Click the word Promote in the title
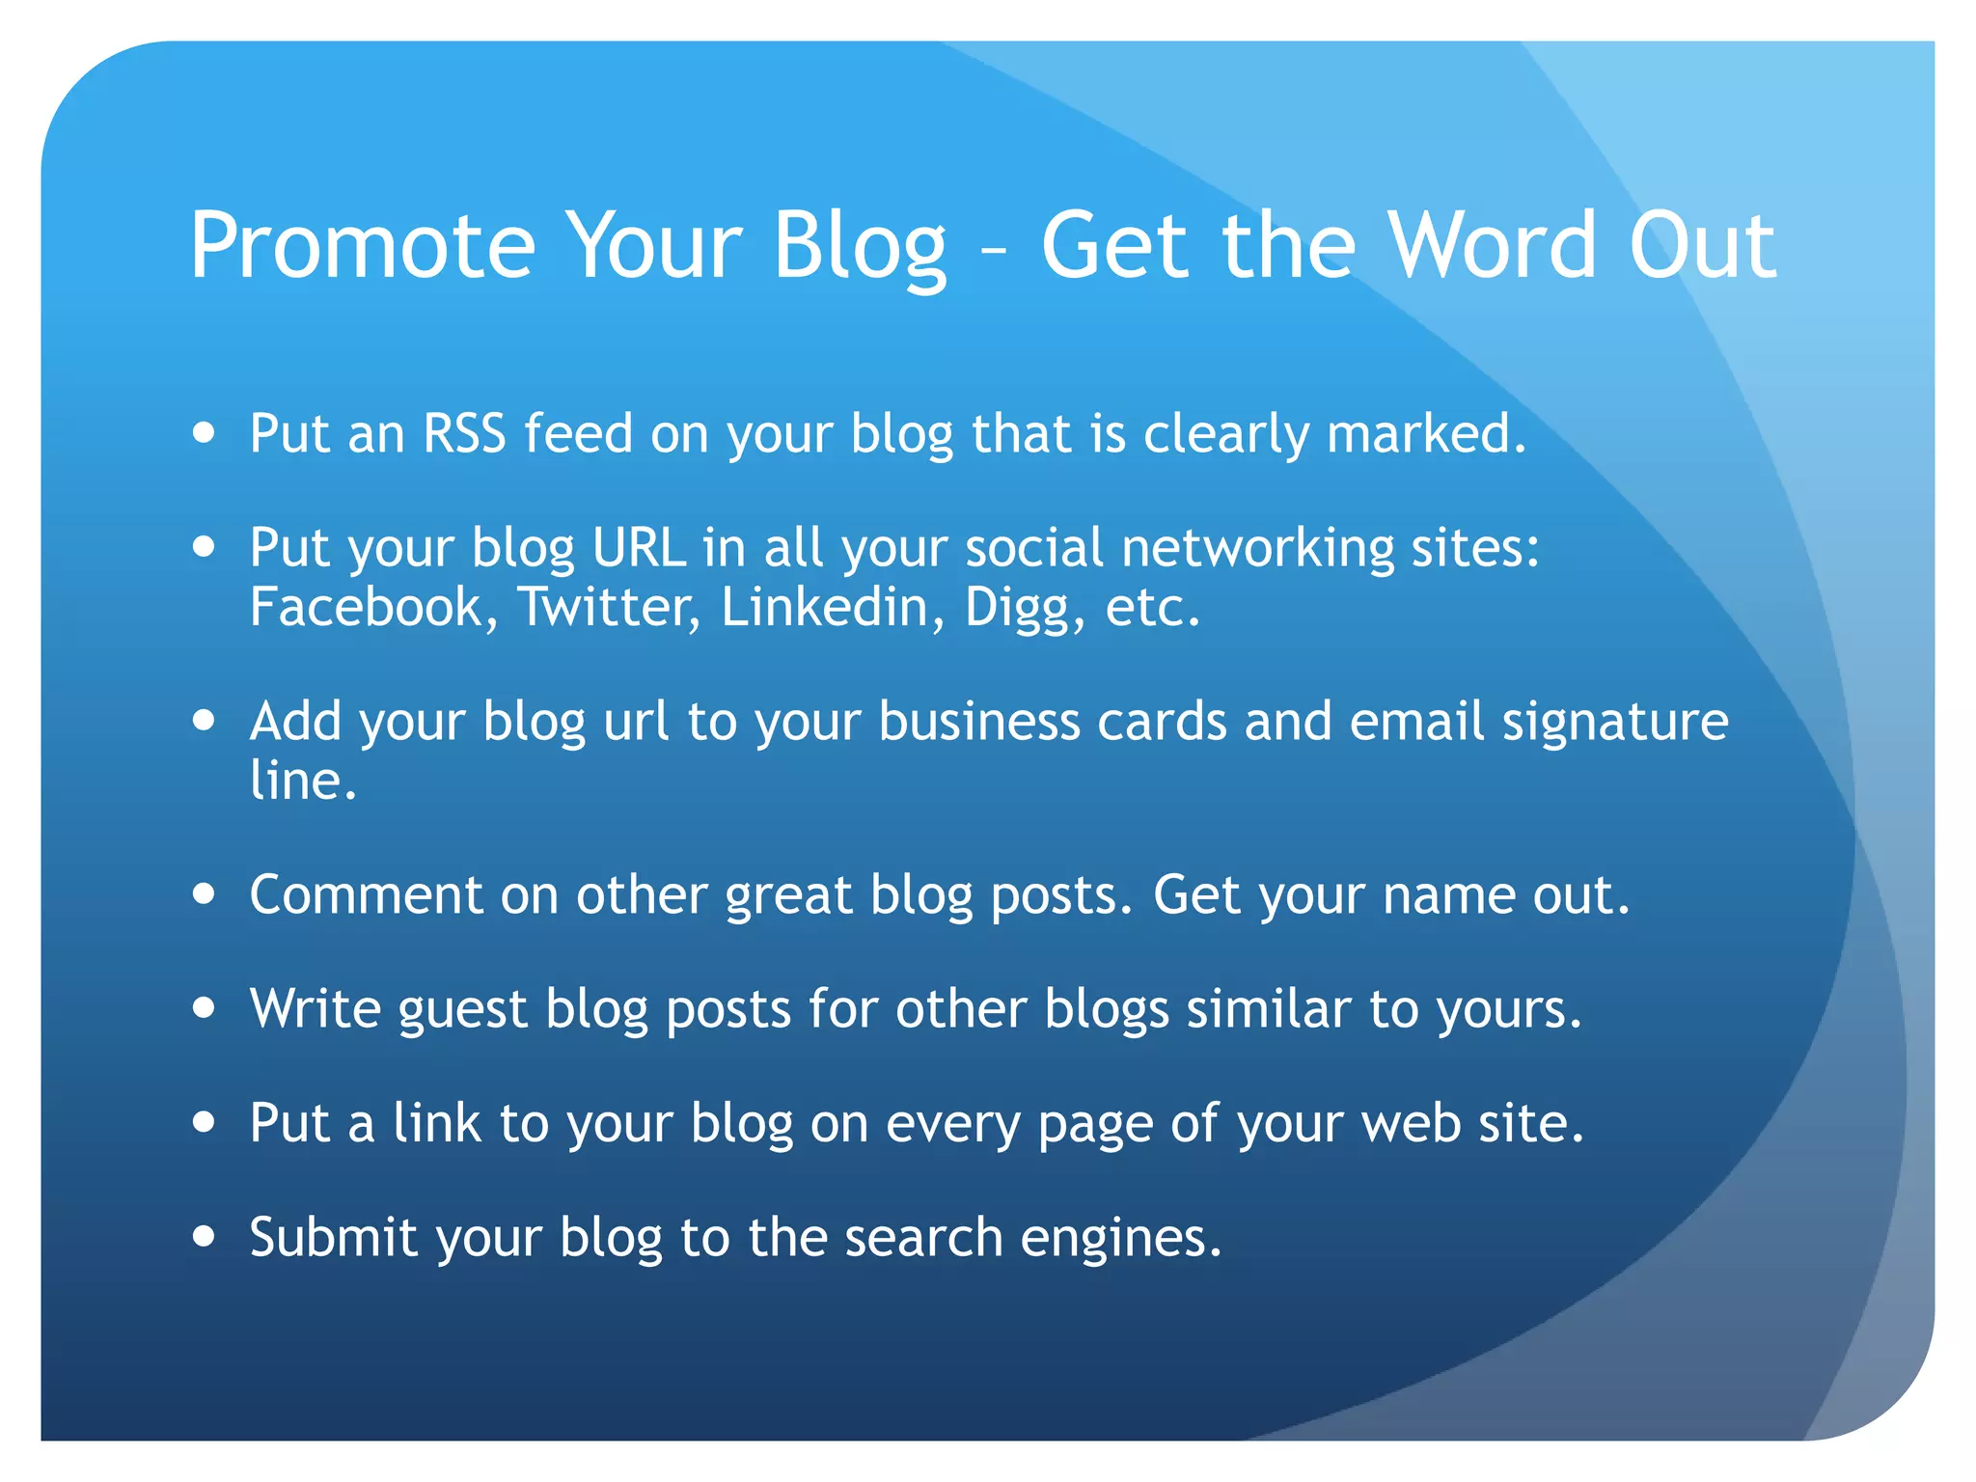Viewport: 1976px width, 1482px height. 362,247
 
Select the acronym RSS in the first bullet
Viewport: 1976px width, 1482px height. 464,433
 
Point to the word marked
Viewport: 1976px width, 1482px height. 1426,433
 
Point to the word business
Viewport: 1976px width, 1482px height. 978,721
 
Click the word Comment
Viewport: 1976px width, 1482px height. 366,894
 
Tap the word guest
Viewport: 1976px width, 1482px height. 462,1010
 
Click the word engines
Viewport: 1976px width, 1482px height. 1120,1240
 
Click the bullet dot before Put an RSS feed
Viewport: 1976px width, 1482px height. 203,433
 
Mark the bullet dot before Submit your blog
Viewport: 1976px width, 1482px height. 203,1237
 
